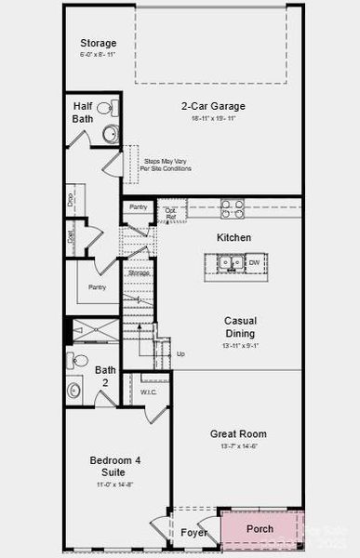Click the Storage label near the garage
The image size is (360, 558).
98,43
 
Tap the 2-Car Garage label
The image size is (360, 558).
214,105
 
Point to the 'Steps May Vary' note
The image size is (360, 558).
167,165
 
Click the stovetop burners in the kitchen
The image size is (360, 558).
233,208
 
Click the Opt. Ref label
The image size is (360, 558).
170,214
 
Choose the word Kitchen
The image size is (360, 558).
233,238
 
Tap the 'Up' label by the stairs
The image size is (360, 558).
180,354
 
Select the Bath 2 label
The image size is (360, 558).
106,376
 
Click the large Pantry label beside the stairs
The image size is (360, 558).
97,288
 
